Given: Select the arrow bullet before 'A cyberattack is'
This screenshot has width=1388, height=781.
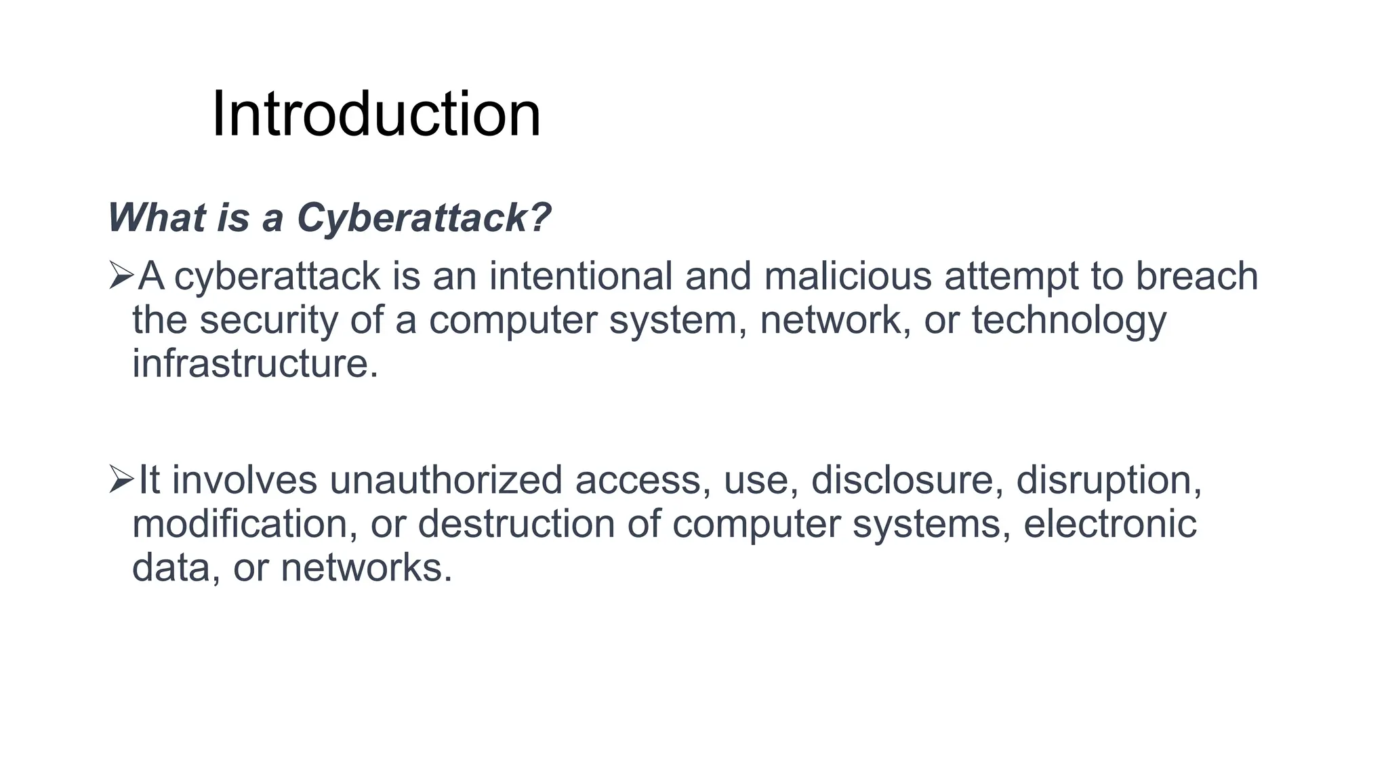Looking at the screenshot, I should click(121, 277).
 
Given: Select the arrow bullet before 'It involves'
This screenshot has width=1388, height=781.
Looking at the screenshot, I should click(121, 480).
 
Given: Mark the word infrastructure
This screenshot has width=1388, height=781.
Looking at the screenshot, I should click(254, 364).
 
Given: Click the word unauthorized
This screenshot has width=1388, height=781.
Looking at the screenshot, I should click(446, 480).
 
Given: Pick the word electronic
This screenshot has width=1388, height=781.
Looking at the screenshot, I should click(1109, 524).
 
